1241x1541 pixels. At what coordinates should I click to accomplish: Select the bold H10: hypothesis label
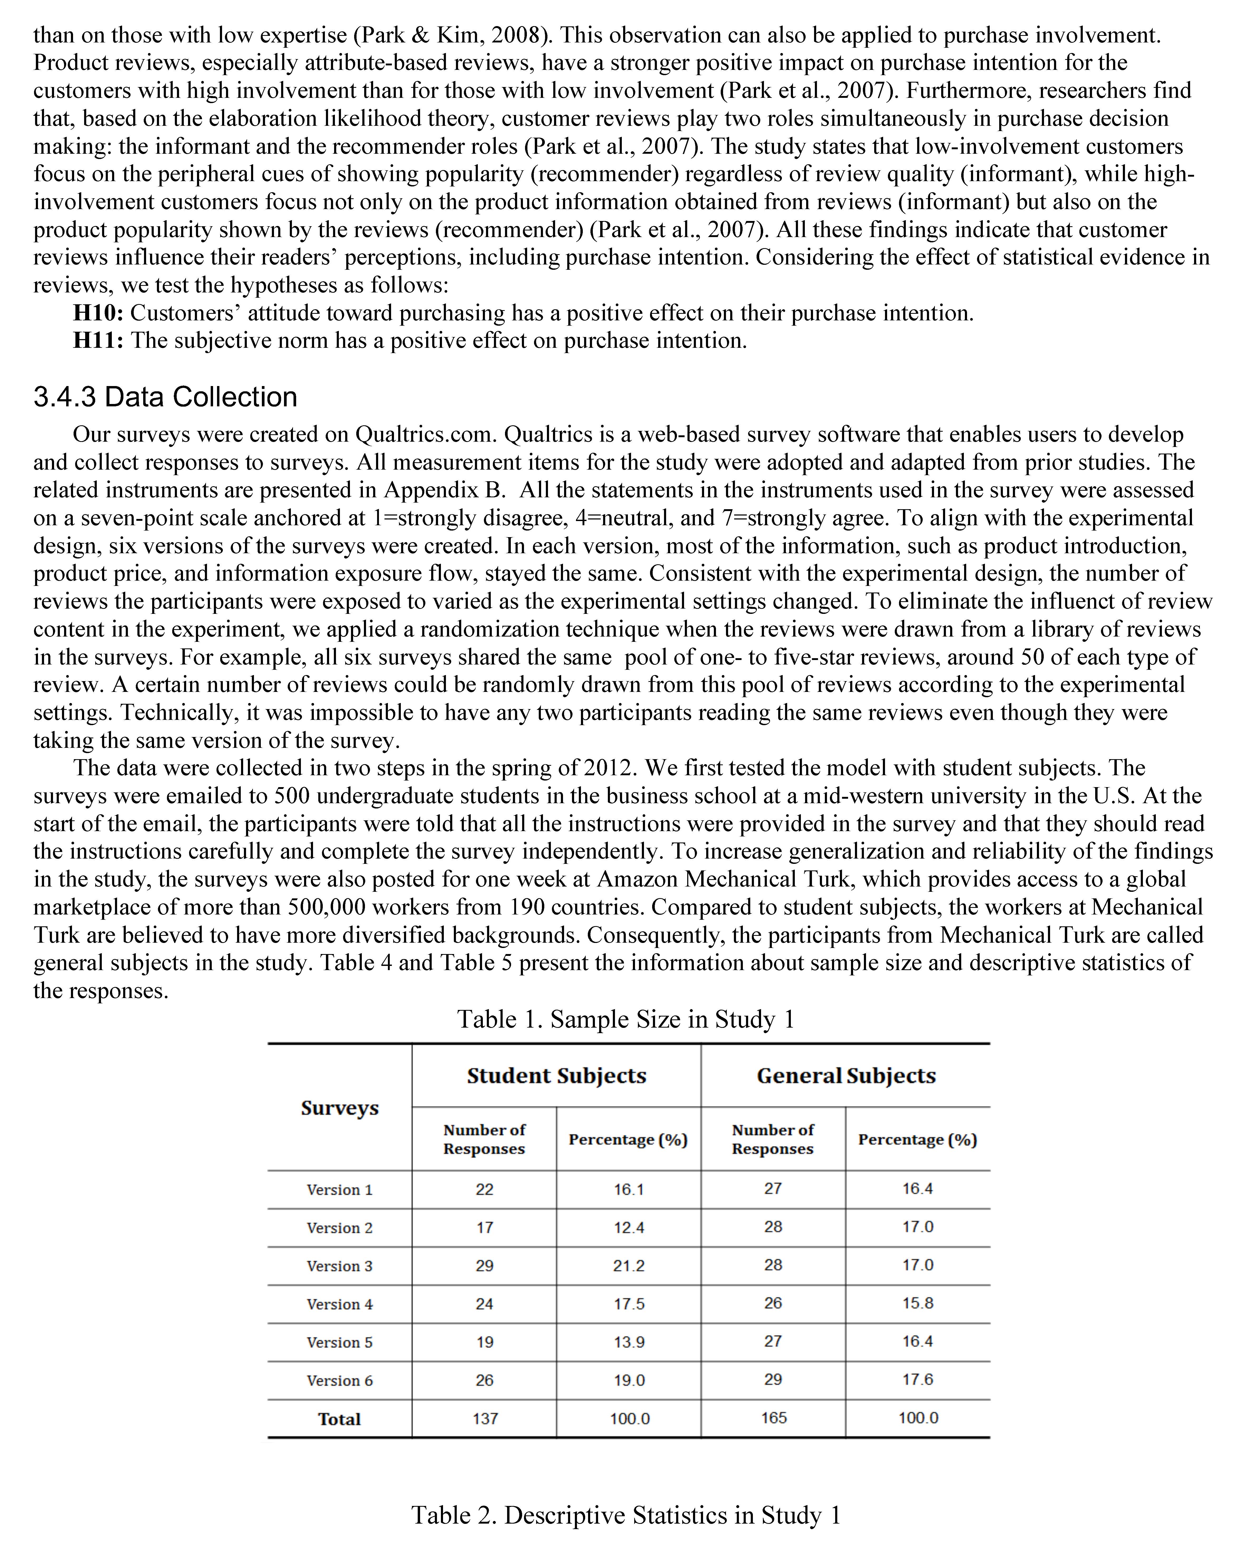[x=99, y=313]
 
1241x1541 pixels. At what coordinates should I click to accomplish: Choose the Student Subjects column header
[x=556, y=1076]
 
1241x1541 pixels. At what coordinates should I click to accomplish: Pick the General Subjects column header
[x=846, y=1076]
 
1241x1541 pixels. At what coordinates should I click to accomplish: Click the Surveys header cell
[x=340, y=1108]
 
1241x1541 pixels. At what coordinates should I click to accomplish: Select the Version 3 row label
[x=340, y=1266]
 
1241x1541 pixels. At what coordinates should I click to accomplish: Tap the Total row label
[x=340, y=1419]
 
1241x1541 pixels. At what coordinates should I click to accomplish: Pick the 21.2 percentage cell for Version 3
[x=629, y=1266]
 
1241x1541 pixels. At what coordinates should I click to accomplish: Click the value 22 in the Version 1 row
[x=485, y=1189]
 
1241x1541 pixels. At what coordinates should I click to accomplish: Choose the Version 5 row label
[x=340, y=1342]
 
